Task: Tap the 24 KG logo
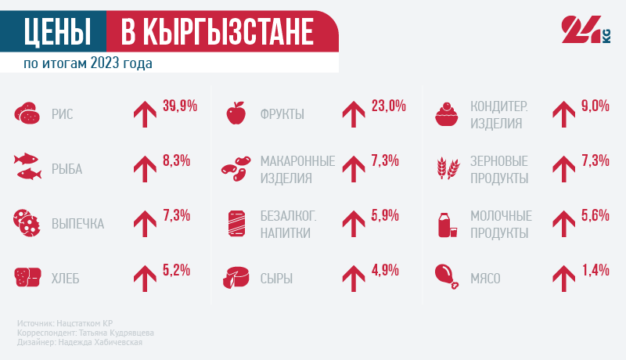pos(585,31)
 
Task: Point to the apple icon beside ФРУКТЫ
pos(236,114)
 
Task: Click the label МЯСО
pos(485,278)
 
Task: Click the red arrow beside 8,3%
pos(145,168)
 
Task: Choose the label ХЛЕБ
pos(66,278)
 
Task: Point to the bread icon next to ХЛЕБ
pos(27,276)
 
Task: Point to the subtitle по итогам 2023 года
pos(87,63)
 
